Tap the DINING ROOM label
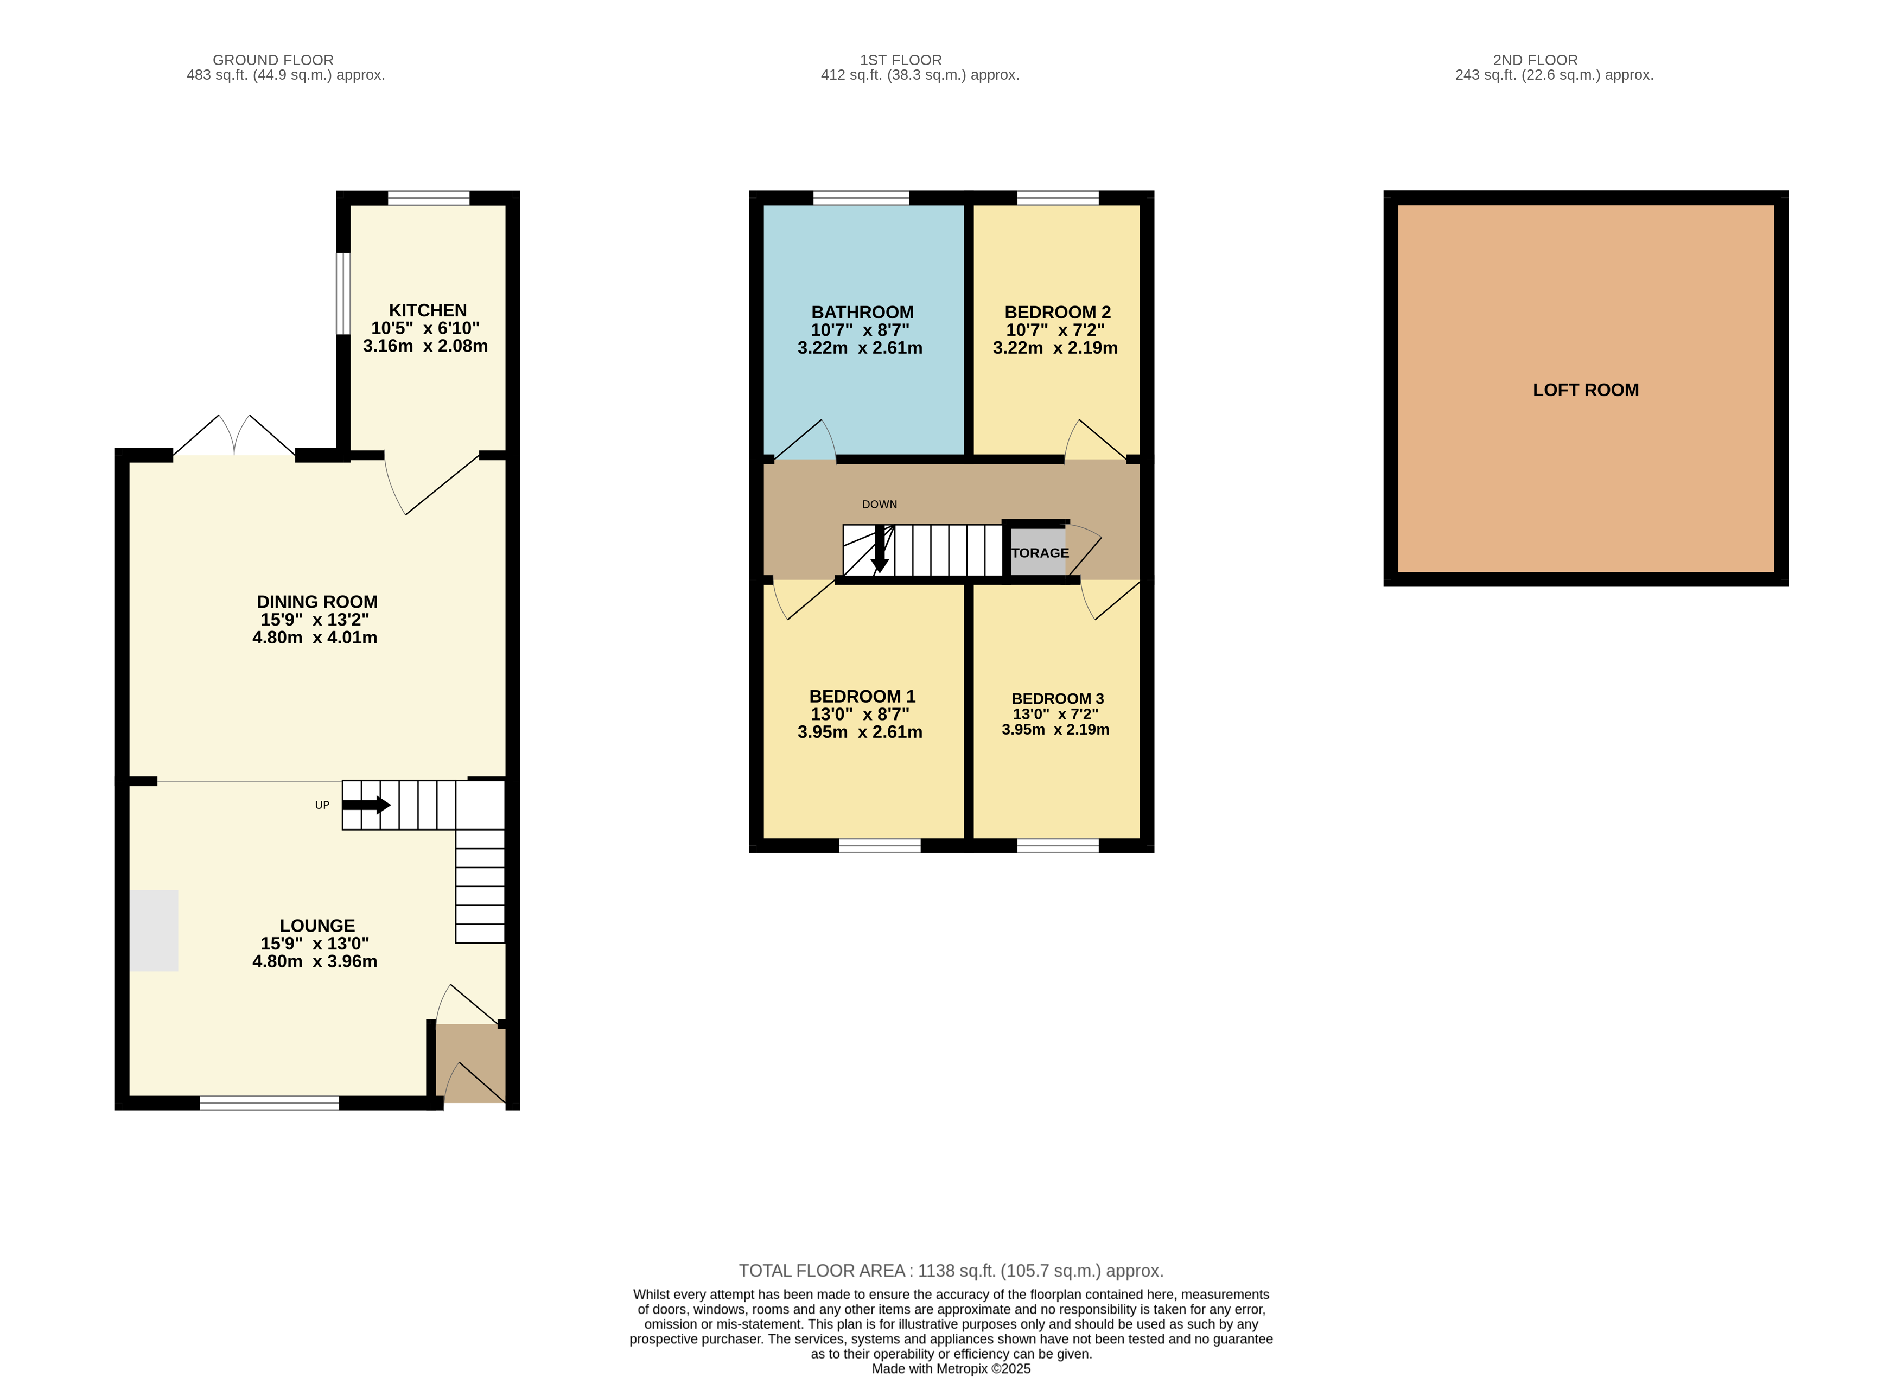point(317,602)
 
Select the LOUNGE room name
point(317,926)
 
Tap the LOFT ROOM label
point(1585,390)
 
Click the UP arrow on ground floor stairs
point(366,805)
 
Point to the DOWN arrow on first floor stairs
point(880,549)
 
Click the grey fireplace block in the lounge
point(154,930)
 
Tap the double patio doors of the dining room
point(234,436)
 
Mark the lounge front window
point(269,1102)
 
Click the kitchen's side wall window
point(342,293)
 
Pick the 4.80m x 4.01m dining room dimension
point(315,637)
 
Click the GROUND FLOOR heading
point(273,60)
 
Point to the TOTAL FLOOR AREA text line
point(951,1271)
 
